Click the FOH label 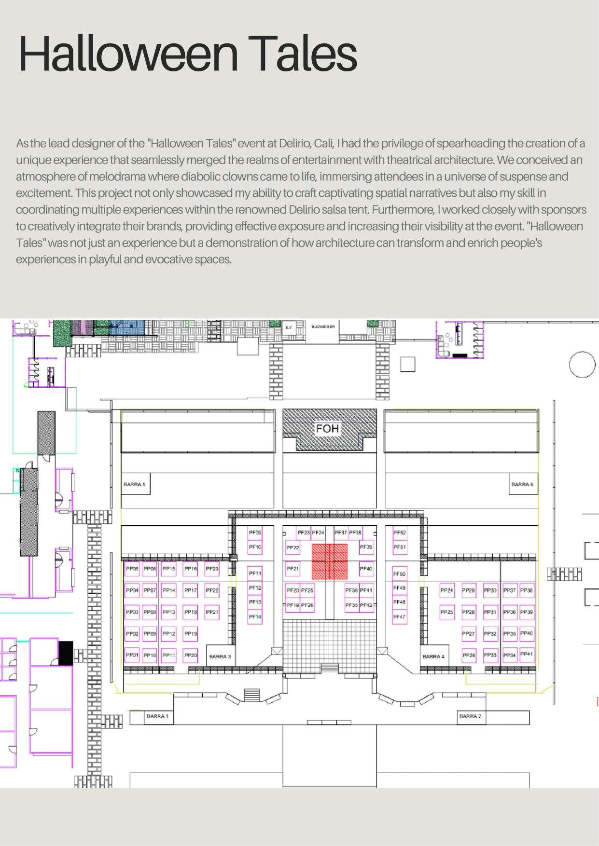327,428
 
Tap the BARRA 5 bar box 135,484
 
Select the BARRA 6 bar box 522,484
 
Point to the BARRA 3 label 220,656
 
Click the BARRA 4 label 433,656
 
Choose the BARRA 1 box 158,716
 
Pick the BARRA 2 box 470,716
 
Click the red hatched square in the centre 330,561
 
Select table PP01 132,655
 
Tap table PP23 212,569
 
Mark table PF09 255,532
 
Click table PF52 400,532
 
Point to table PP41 527,654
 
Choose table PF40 366,569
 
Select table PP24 447,590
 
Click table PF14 255,617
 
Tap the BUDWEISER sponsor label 323,327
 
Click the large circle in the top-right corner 582,365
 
